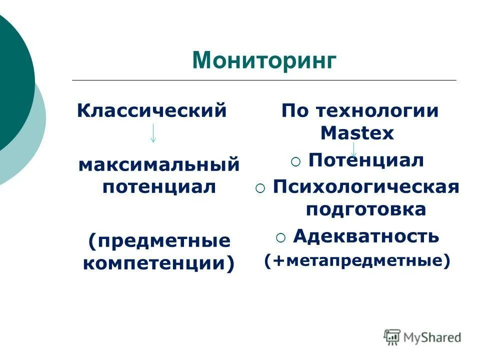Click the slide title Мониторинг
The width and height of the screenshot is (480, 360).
[x=264, y=59]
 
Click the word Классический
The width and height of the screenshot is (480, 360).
[x=152, y=110]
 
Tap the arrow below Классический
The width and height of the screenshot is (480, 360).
[x=152, y=132]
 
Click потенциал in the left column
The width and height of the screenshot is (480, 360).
[x=159, y=187]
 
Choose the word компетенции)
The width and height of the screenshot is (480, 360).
[x=159, y=263]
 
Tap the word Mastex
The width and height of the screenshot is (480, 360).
[x=357, y=133]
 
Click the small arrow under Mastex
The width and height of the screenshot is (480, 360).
[x=354, y=149]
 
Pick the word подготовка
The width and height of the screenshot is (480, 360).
[x=366, y=209]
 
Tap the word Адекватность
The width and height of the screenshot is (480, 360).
[x=366, y=235]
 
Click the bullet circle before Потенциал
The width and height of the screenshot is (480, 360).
[x=295, y=161]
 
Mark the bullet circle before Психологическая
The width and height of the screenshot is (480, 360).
[x=260, y=188]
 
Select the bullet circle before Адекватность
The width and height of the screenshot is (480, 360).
[x=280, y=237]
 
